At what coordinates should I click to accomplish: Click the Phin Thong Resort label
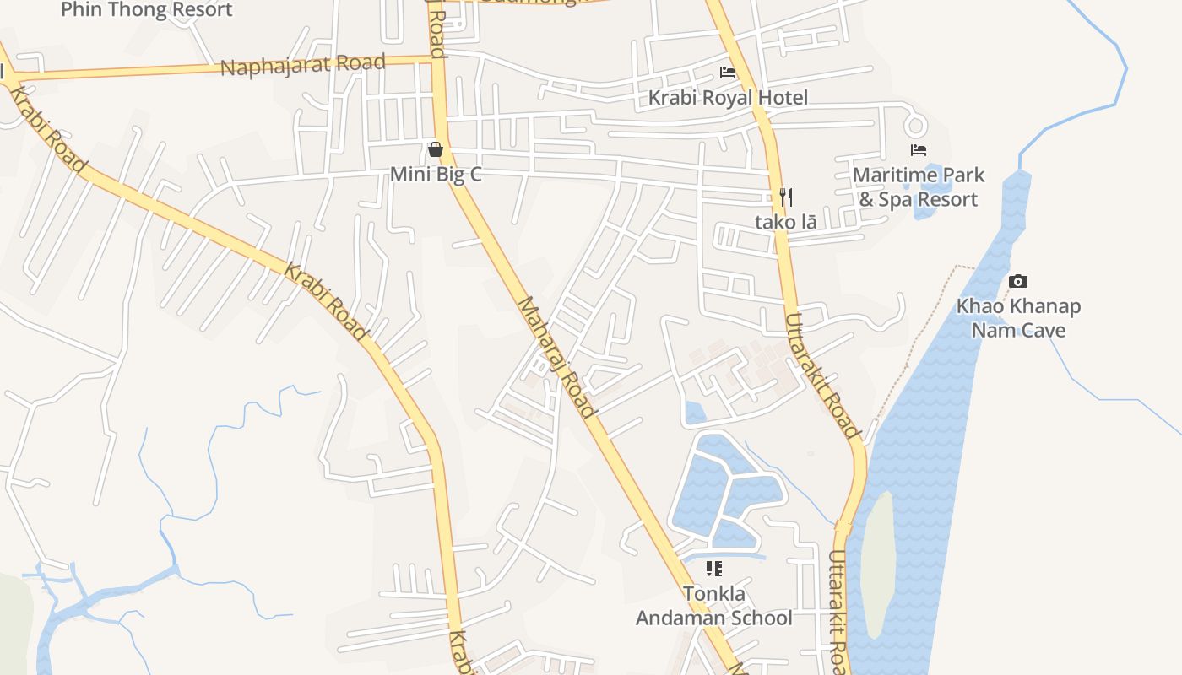click(x=147, y=10)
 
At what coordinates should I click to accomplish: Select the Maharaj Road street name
click(x=556, y=357)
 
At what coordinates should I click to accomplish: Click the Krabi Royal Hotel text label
click(x=728, y=98)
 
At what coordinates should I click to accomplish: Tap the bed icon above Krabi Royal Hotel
click(x=728, y=73)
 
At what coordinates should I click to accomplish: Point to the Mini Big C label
click(x=435, y=175)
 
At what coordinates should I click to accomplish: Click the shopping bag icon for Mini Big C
click(x=435, y=150)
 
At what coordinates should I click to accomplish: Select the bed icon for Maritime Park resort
click(x=919, y=150)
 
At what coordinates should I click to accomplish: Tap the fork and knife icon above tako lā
click(x=785, y=197)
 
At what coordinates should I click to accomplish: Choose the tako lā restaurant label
click(x=785, y=223)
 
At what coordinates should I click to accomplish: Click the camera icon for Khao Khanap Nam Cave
click(x=1018, y=281)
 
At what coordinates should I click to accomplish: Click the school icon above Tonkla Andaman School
click(x=714, y=569)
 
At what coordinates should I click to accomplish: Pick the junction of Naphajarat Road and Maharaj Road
click(x=438, y=59)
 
